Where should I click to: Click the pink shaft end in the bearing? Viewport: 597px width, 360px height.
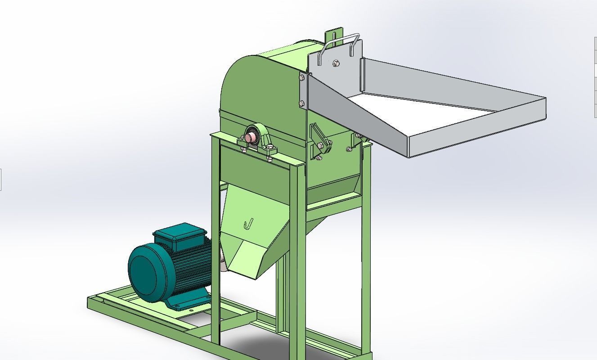[x=252, y=136]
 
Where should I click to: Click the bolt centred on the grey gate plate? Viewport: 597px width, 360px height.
[x=336, y=63]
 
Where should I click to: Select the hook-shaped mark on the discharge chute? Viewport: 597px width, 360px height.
[x=248, y=224]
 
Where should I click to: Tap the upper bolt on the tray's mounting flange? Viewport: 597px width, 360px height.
[x=301, y=77]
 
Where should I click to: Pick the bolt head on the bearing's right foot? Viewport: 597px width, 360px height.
[x=269, y=158]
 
